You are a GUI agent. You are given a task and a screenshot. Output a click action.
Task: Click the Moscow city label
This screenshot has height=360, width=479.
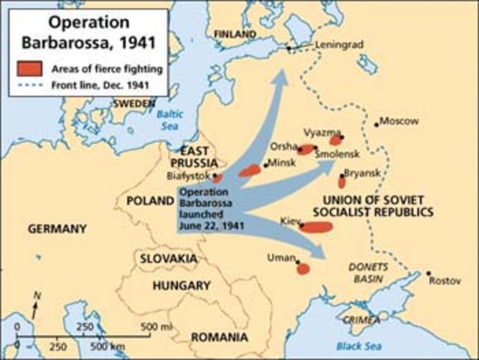401,121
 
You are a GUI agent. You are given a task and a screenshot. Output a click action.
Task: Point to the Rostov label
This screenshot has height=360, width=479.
445,281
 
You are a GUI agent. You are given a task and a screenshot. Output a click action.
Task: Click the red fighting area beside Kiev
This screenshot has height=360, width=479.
316,226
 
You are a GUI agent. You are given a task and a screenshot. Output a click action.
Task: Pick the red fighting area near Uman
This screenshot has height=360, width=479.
303,268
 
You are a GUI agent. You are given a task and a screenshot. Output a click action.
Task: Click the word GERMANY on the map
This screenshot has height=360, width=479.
57,229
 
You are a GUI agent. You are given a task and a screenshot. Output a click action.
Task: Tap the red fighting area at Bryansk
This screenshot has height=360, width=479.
342,181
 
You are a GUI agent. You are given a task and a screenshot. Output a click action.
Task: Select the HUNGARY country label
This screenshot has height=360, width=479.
181,286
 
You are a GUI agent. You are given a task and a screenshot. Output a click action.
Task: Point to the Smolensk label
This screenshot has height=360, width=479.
338,154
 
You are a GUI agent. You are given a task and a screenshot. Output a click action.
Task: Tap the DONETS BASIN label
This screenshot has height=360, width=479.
367,273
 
